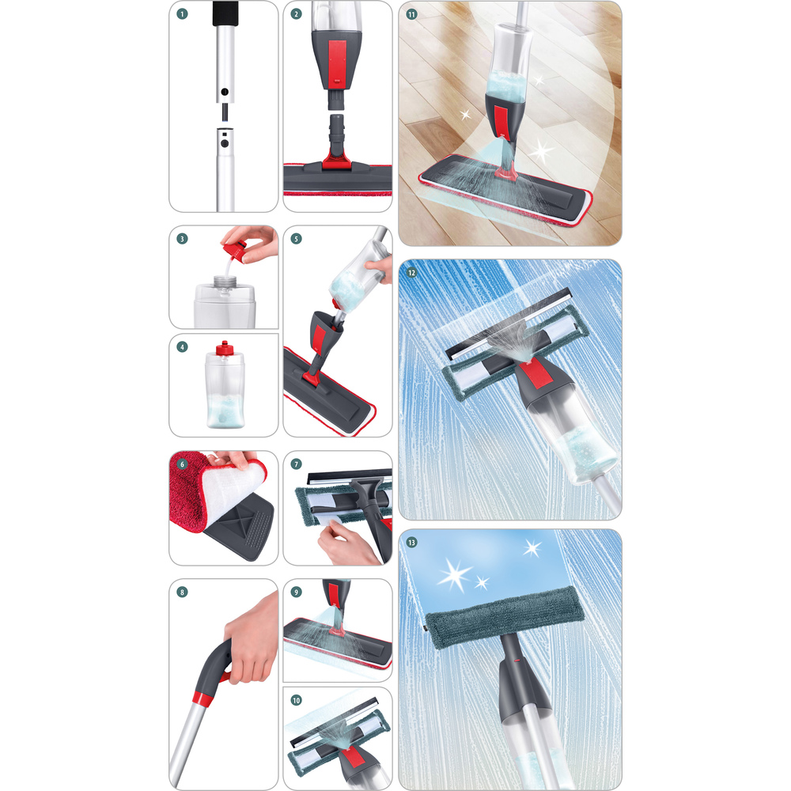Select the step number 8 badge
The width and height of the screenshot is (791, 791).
pyautogui.click(x=183, y=591)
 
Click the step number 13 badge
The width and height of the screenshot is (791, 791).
pyautogui.click(x=411, y=542)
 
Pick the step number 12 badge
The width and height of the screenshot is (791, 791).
pyautogui.click(x=411, y=273)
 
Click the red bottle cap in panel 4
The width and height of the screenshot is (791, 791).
pyautogui.click(x=225, y=349)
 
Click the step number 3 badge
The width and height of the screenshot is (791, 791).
pyautogui.click(x=183, y=238)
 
